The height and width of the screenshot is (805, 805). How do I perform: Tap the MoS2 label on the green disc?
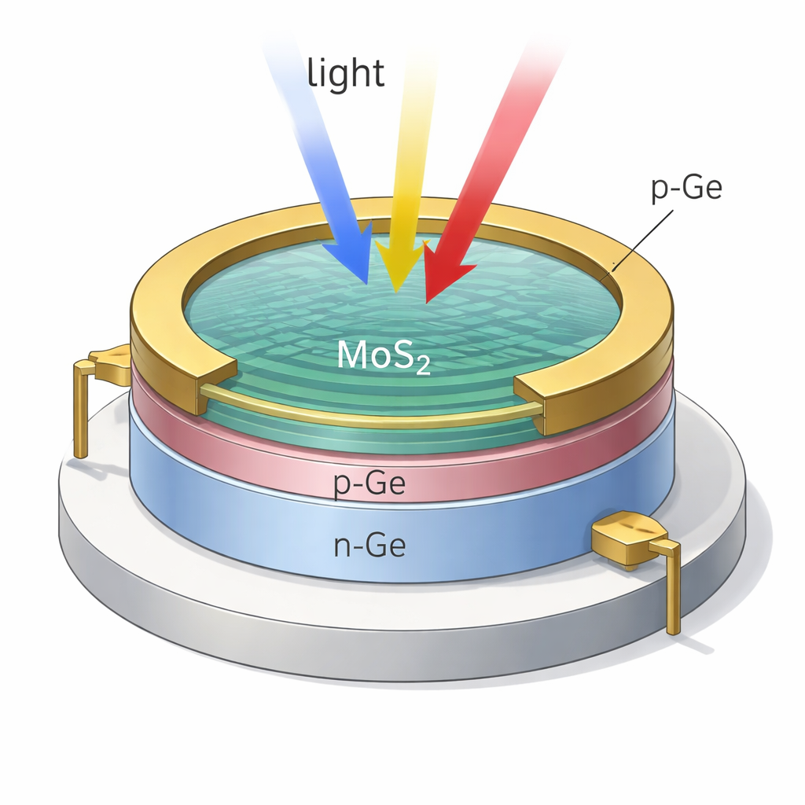[x=383, y=356]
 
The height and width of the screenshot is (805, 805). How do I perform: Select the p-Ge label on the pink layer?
[x=369, y=484]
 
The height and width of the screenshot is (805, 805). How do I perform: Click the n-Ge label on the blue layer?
[x=369, y=544]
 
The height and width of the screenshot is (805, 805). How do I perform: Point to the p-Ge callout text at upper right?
[x=686, y=189]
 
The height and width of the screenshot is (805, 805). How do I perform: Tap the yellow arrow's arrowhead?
[x=397, y=263]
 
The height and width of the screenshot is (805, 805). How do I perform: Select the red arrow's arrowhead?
[x=440, y=271]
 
